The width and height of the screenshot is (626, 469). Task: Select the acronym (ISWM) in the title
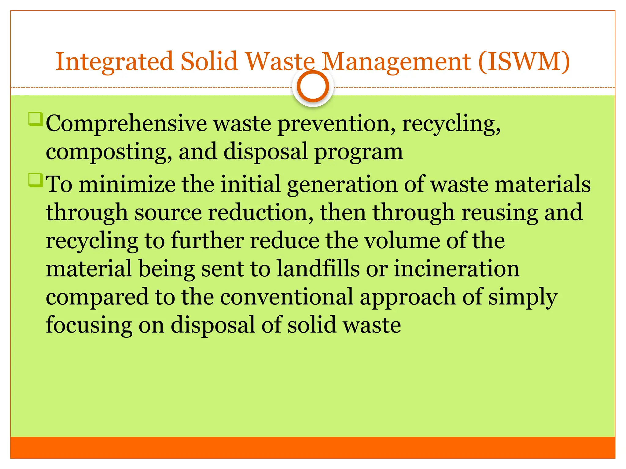524,62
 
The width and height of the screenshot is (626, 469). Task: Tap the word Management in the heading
396,62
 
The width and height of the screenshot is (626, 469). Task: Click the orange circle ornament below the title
313,86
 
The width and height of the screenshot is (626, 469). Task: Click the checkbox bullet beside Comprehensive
35,119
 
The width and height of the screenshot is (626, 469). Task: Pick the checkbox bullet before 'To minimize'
35,180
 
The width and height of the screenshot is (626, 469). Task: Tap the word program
359,152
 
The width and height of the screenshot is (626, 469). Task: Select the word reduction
261,213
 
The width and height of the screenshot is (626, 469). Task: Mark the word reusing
499,213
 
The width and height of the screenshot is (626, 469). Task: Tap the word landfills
318,269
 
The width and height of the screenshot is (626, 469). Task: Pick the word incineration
457,269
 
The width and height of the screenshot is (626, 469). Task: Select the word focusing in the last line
89,325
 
